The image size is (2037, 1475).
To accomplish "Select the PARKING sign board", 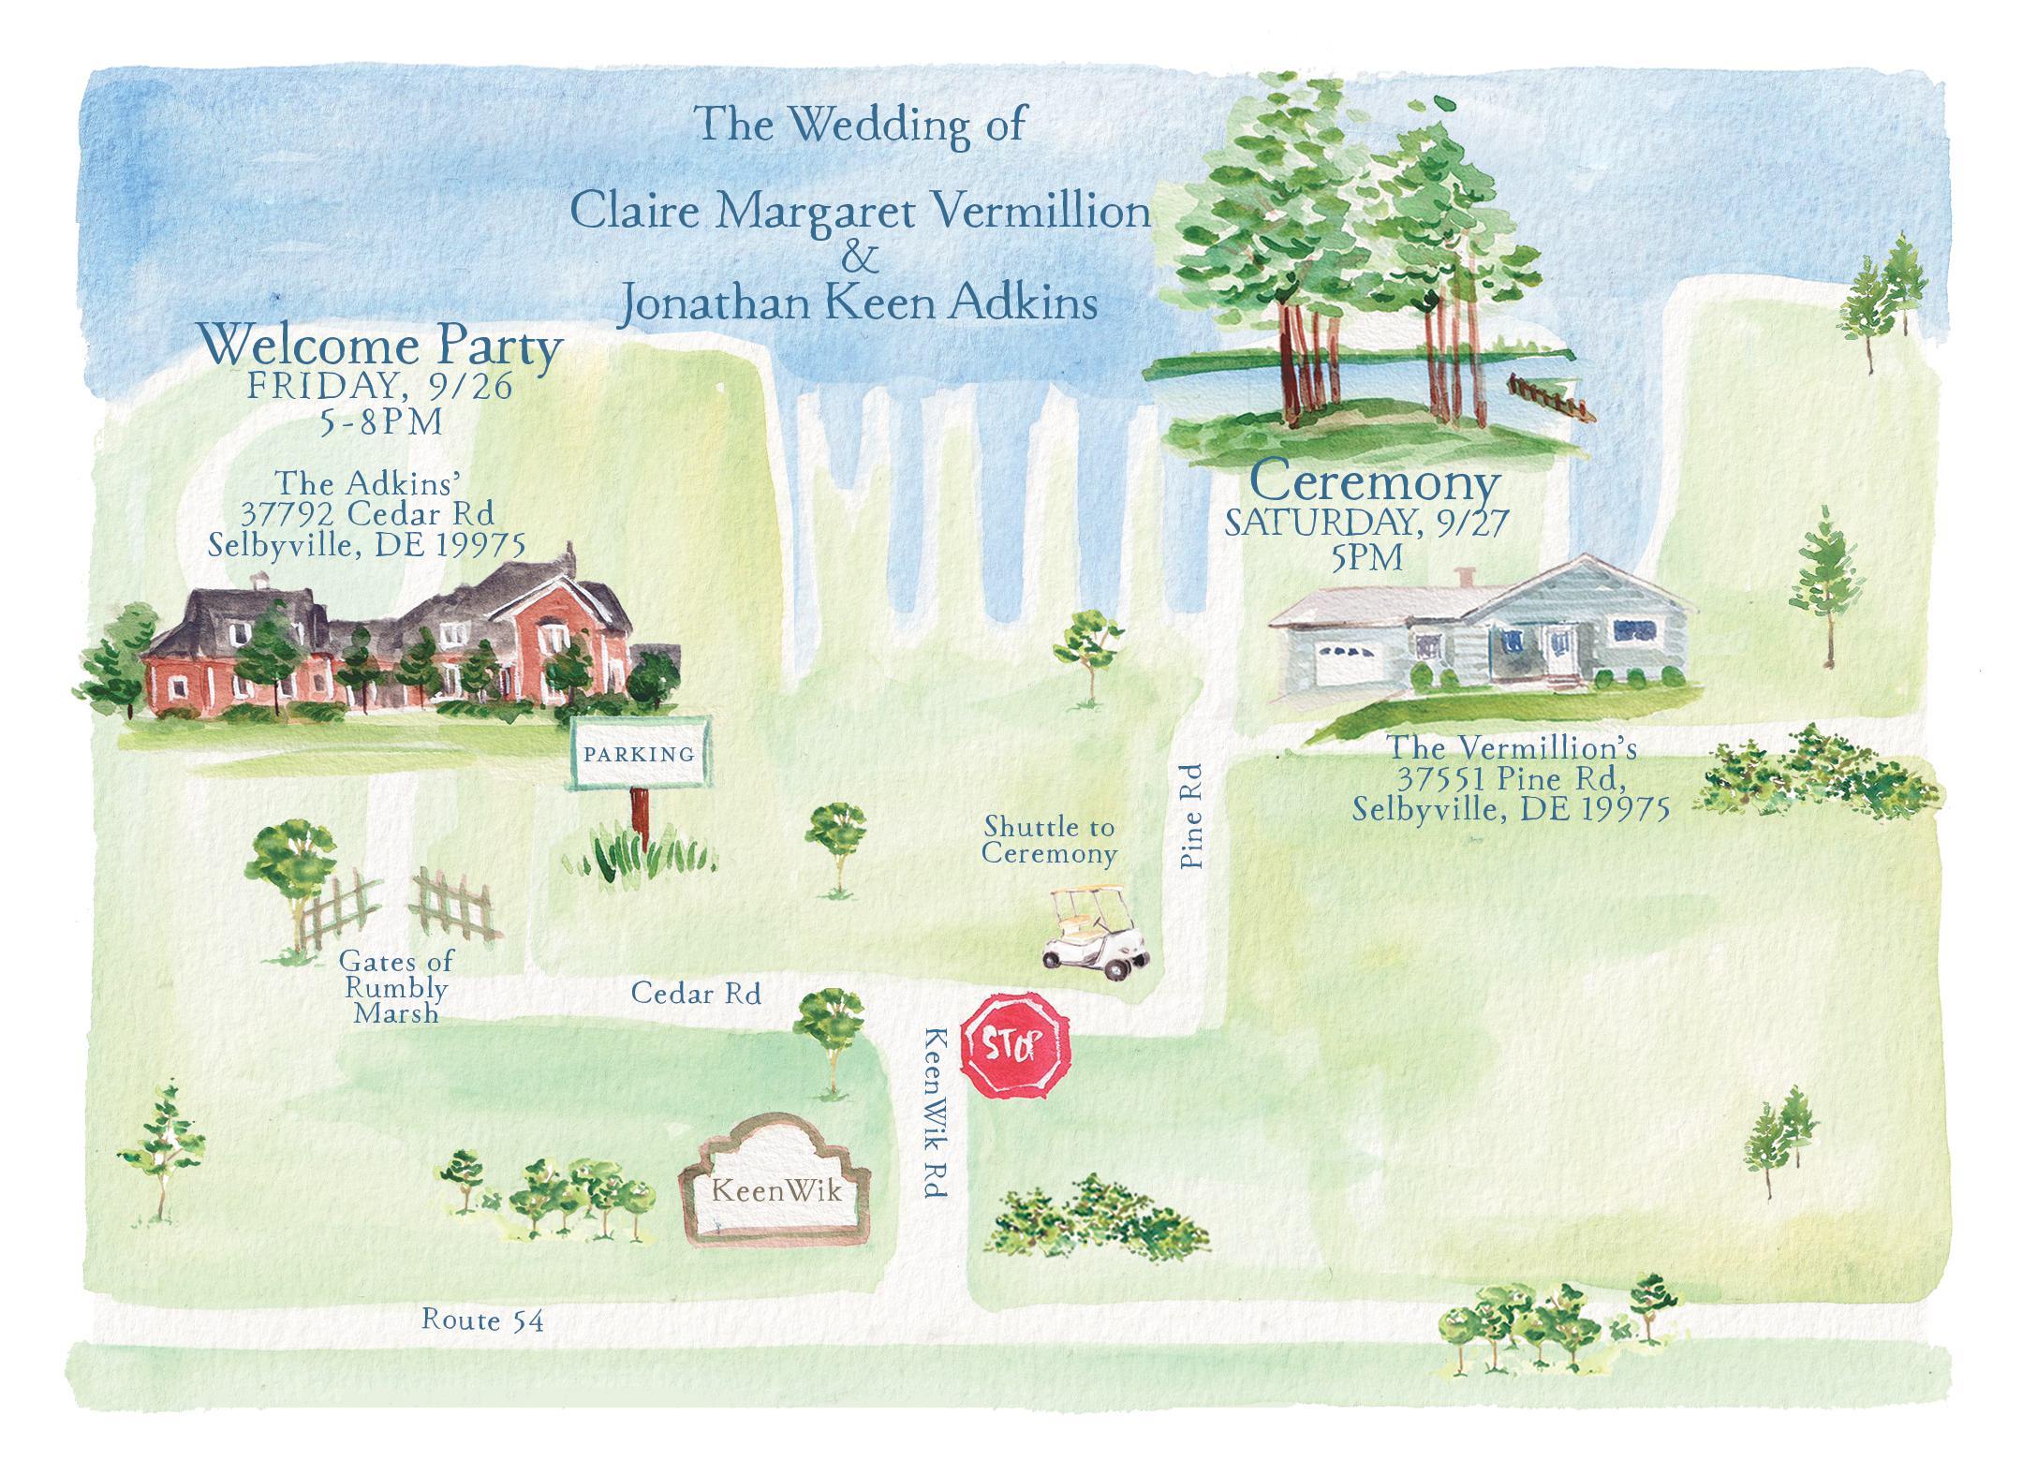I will [640, 754].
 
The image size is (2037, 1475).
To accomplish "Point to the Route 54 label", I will [482, 1320].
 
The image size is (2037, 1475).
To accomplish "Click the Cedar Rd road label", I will [696, 993].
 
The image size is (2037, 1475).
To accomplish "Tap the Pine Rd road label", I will [1191, 817].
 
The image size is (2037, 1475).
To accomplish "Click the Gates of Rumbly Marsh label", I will [396, 987].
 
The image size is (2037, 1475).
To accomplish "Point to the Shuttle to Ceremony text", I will [1049, 840].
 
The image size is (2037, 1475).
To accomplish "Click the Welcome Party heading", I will [382, 347].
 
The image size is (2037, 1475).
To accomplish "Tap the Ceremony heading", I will [1375, 484].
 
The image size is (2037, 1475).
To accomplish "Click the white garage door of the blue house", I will [1345, 668].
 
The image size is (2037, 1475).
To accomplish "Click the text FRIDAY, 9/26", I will [380, 387].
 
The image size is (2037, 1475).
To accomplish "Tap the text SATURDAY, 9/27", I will [1367, 524].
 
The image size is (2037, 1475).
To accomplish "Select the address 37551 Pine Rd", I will [1511, 779].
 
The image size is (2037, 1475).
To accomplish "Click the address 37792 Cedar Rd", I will [367, 514].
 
